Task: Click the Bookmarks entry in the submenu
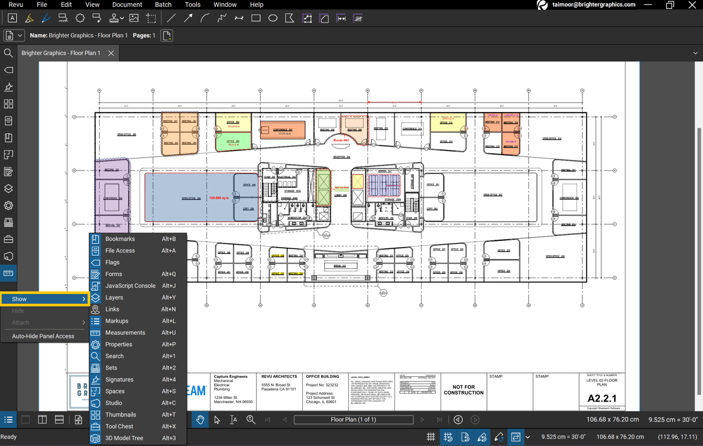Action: [120, 239]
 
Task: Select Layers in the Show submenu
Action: [114, 298]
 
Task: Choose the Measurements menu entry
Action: [125, 333]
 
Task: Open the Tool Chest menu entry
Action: [119, 427]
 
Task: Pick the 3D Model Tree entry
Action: [124, 438]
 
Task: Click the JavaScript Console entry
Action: [130, 286]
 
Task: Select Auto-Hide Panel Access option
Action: [43, 336]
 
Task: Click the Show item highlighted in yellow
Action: [44, 299]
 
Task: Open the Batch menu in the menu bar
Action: [163, 5]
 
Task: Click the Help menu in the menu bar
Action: [257, 5]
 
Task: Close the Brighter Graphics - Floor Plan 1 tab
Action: [111, 53]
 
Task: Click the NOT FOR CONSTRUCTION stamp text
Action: [463, 390]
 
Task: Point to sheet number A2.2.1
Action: [602, 398]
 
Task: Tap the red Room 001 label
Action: [341, 140]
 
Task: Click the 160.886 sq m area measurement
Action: [218, 198]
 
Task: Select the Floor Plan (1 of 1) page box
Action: [353, 420]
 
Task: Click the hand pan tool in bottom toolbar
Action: [200, 420]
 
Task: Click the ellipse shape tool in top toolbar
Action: [273, 18]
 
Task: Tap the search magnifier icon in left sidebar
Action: [8, 53]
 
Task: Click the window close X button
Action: [692, 5]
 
